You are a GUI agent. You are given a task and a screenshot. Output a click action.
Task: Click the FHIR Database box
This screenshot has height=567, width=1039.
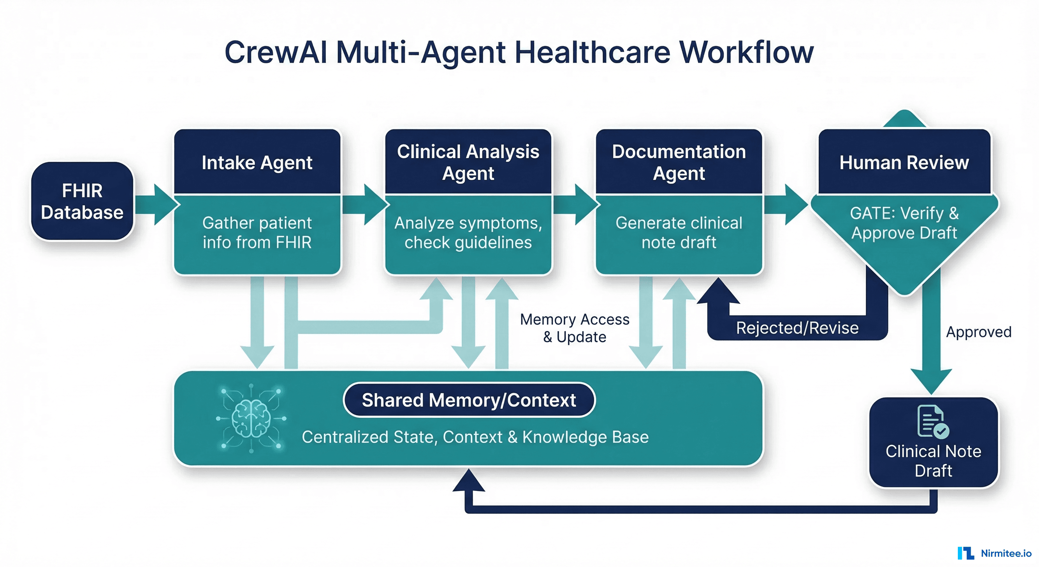pyautogui.click(x=82, y=202)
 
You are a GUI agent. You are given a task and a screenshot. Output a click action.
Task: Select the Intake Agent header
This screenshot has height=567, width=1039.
pyautogui.click(x=257, y=162)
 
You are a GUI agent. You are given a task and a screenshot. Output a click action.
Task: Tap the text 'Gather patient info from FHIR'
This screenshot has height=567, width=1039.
pyautogui.click(x=257, y=233)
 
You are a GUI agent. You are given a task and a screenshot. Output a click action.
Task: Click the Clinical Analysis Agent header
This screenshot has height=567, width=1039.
pyautogui.click(x=468, y=162)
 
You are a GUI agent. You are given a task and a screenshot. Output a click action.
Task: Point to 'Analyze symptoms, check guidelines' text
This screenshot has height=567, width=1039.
pyautogui.click(x=468, y=233)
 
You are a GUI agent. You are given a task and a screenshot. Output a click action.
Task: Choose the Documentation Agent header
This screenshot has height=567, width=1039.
pyautogui.click(x=679, y=162)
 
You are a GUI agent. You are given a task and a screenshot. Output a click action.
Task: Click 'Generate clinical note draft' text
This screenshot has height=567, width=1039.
pyautogui.click(x=679, y=233)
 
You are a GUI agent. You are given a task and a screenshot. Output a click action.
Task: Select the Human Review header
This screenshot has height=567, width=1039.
pyautogui.click(x=904, y=162)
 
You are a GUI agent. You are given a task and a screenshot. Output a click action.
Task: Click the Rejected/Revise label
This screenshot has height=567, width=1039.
pyautogui.click(x=797, y=328)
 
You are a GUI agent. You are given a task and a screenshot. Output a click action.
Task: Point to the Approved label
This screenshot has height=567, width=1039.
pyautogui.click(x=978, y=332)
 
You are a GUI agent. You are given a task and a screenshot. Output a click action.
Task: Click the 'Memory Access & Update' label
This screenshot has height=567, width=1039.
pyautogui.click(x=574, y=328)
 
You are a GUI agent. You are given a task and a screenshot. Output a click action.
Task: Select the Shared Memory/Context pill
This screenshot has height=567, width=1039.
pyautogui.click(x=469, y=400)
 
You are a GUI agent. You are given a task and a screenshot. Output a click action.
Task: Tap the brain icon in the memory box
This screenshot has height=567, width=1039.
pyautogui.click(x=251, y=419)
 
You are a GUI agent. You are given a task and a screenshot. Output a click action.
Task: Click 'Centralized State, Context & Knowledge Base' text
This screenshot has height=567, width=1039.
pyautogui.click(x=475, y=437)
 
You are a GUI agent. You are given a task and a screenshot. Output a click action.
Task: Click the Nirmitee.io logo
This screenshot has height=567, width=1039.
pyautogui.click(x=994, y=553)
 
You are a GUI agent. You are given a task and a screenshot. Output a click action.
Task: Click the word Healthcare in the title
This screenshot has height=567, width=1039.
pyautogui.click(x=592, y=52)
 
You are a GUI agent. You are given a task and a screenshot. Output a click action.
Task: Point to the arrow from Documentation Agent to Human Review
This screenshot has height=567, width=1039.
pyautogui.click(x=786, y=205)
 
